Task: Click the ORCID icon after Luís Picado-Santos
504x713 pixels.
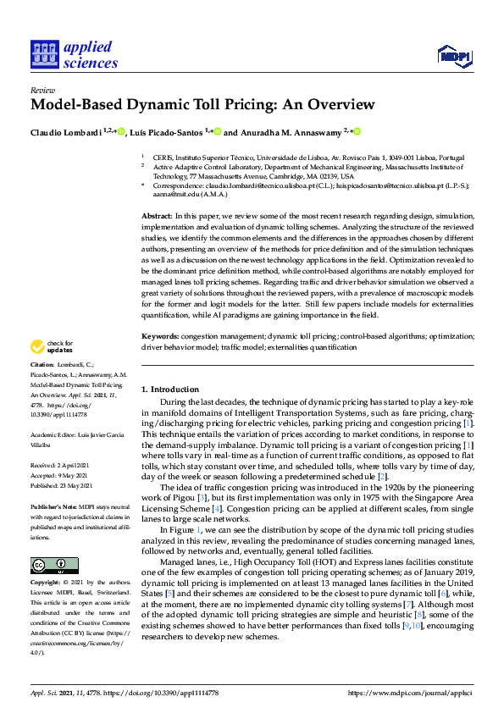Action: [218, 131]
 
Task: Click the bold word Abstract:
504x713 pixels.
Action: [158, 218]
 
